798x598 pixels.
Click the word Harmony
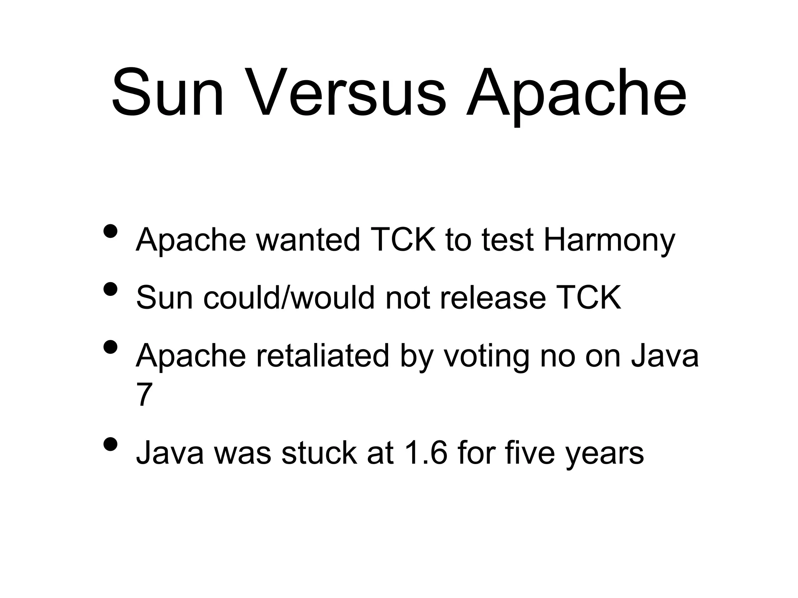coord(609,240)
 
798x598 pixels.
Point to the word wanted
coord(308,239)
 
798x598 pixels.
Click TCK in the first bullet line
coord(403,239)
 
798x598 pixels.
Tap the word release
coord(493,297)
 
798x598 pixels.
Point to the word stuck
coord(319,453)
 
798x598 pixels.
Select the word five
coord(530,453)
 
